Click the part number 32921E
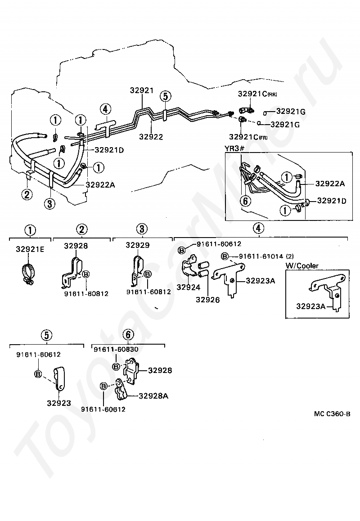click(30, 249)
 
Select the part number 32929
click(138, 245)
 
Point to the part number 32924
click(189, 287)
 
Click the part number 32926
click(208, 300)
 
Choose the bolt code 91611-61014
click(261, 256)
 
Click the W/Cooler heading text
click(302, 265)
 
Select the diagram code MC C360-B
click(332, 414)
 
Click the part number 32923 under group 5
click(59, 403)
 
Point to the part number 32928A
click(153, 396)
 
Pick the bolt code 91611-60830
click(116, 349)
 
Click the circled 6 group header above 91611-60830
click(128, 335)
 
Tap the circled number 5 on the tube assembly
click(165, 96)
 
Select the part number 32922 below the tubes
click(151, 137)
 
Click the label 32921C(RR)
click(257, 94)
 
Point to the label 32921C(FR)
click(248, 137)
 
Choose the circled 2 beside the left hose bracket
click(27, 194)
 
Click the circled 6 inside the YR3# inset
click(245, 201)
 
